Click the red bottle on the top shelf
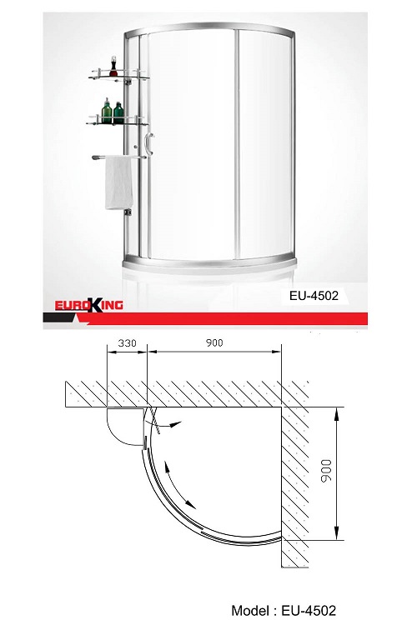113,67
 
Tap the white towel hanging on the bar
119,182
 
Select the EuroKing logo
88,305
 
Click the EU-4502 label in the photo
314,296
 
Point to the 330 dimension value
127,342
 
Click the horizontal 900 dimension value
214,342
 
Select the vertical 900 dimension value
326,470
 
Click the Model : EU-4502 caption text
284,610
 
